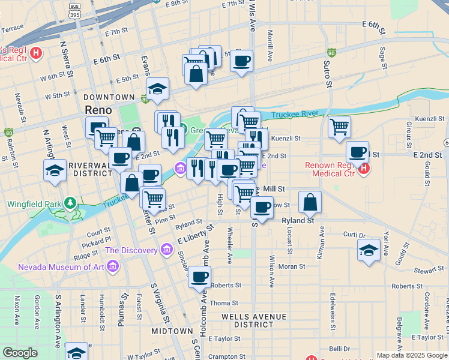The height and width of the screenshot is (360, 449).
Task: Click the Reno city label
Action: point(98,110)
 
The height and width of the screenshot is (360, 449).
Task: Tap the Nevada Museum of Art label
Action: point(59,267)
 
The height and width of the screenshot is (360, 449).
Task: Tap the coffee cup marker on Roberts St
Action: point(200,278)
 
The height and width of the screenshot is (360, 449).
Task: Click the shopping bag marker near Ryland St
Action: point(310,203)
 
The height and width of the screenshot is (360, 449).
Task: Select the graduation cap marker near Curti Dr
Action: point(369,250)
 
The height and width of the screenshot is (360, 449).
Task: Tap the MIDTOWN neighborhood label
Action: point(172,331)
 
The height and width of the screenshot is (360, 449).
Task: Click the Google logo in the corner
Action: point(20,353)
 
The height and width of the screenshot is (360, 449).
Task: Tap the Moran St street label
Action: point(292,266)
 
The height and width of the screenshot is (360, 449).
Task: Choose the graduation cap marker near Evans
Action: point(157,89)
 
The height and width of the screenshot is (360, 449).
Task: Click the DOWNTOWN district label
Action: point(109,97)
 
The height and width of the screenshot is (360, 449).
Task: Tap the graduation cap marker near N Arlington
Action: point(55,170)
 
